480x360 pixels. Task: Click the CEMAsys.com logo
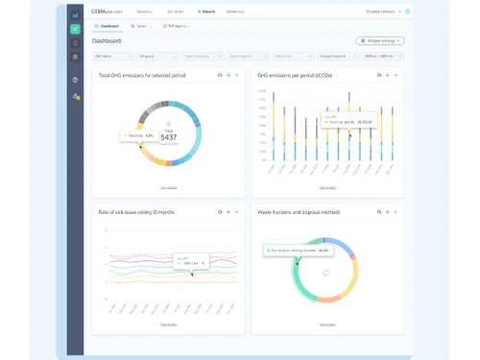[x=107, y=12]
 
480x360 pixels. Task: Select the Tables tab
[x=140, y=26]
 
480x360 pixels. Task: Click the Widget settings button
[x=379, y=41]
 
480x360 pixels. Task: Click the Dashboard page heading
[x=107, y=41]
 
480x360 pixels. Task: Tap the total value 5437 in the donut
[x=168, y=137]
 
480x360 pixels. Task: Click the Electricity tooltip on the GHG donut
[x=138, y=136]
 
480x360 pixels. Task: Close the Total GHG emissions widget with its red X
[x=237, y=75]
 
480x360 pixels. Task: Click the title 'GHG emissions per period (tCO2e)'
[x=295, y=75]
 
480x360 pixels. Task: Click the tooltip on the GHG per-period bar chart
[x=349, y=121]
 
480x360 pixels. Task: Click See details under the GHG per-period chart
[x=327, y=187]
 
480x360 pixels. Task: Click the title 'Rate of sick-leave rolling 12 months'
[x=136, y=211]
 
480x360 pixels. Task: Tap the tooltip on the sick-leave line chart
[x=186, y=260]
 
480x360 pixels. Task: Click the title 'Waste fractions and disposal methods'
[x=299, y=211]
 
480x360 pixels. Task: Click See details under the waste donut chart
[x=327, y=324]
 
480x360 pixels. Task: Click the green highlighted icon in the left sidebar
[x=76, y=30]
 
